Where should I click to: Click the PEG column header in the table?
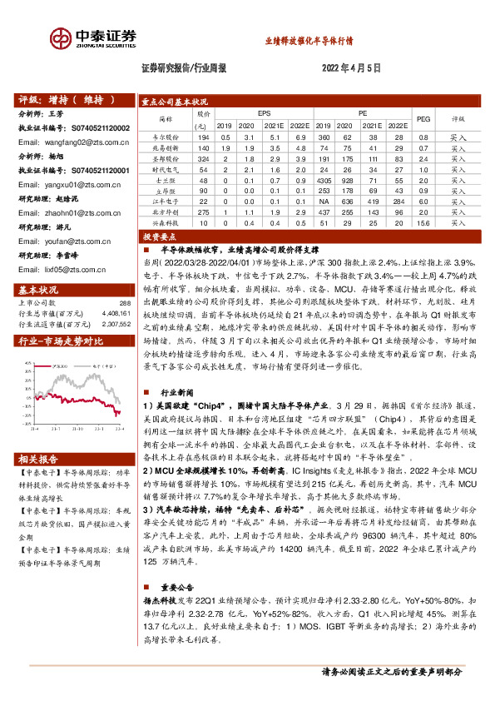pyautogui.click(x=422, y=118)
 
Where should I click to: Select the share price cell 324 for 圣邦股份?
pyautogui.click(x=204, y=157)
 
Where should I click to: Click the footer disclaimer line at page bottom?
pyautogui.click(x=403, y=671)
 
